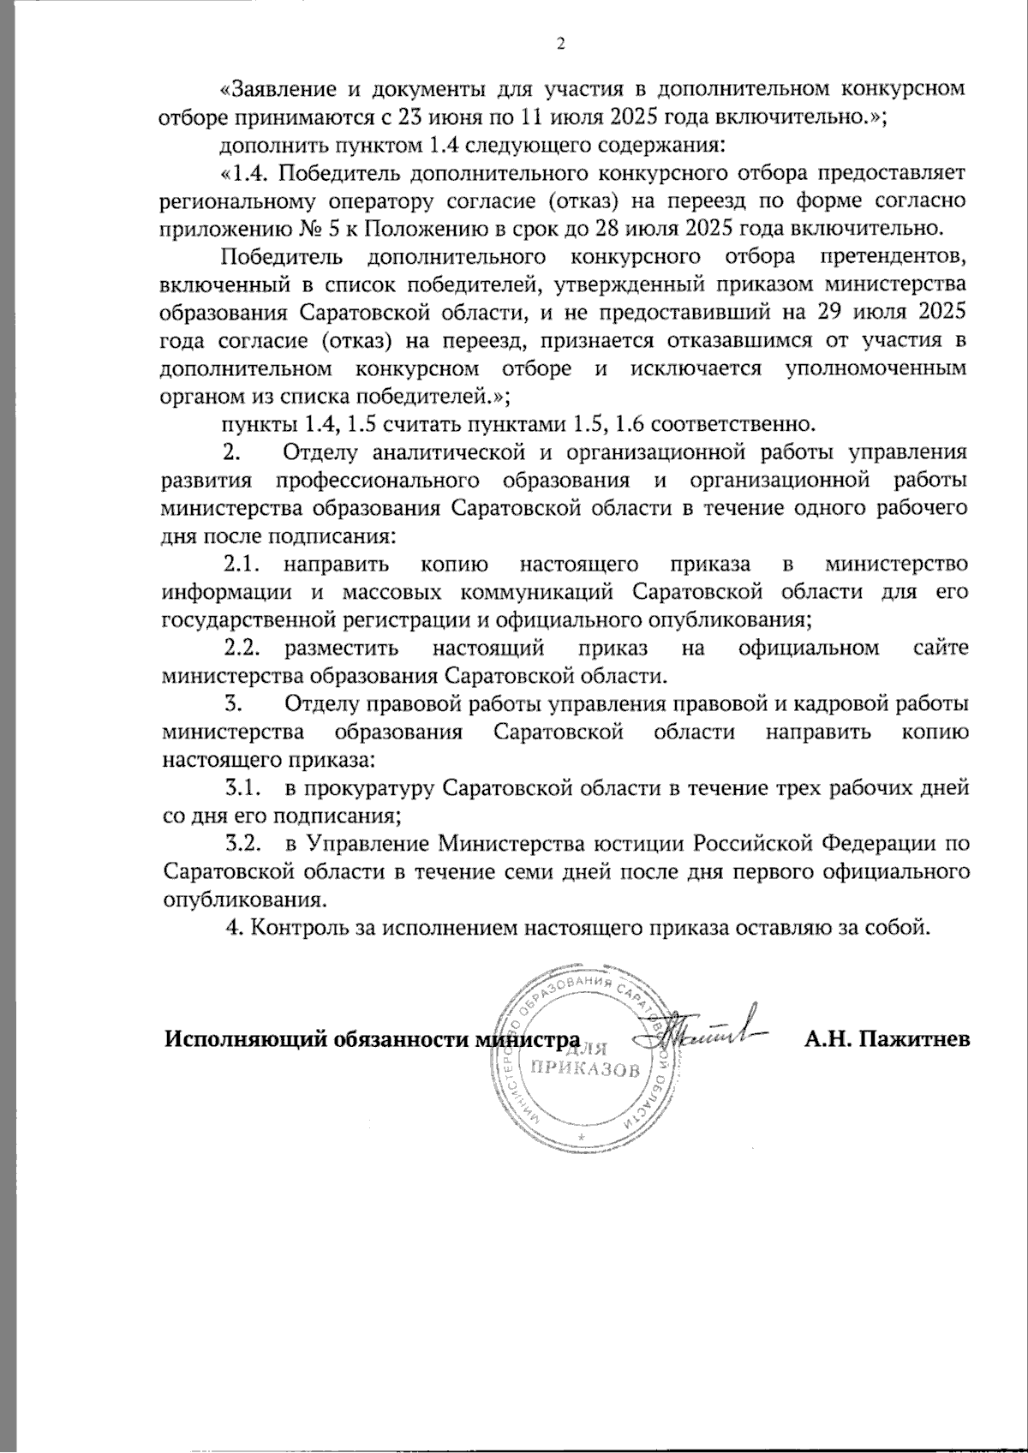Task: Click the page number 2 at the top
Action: point(561,45)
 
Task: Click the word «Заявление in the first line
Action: point(278,89)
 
